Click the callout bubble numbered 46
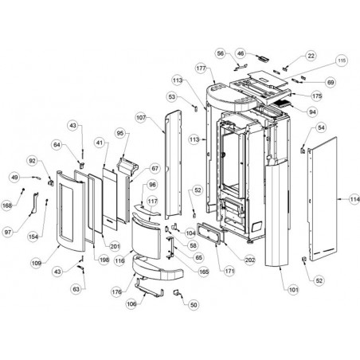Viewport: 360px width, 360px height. (x=241, y=54)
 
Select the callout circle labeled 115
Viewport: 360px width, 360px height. (x=342, y=61)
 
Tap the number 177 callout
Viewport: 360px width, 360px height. (x=202, y=68)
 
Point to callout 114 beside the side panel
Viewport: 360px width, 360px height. (x=354, y=199)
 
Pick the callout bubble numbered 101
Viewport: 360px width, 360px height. (x=293, y=290)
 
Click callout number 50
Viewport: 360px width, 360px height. (x=194, y=305)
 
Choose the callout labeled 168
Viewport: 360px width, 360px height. (x=7, y=205)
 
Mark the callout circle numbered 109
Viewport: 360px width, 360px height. (x=37, y=263)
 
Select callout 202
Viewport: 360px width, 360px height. (x=250, y=260)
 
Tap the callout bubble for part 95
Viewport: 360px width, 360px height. (x=120, y=133)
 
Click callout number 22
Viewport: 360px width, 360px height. (x=311, y=56)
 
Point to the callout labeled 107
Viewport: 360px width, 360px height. (x=141, y=117)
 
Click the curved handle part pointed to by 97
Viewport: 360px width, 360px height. (x=35, y=203)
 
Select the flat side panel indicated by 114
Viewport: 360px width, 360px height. (x=323, y=199)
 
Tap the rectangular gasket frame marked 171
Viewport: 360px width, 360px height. (x=209, y=233)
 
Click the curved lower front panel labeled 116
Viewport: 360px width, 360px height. (x=146, y=238)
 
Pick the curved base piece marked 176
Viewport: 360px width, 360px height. (x=157, y=269)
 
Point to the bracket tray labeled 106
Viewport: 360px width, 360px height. (x=149, y=288)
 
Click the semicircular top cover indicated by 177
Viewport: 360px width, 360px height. (x=231, y=98)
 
